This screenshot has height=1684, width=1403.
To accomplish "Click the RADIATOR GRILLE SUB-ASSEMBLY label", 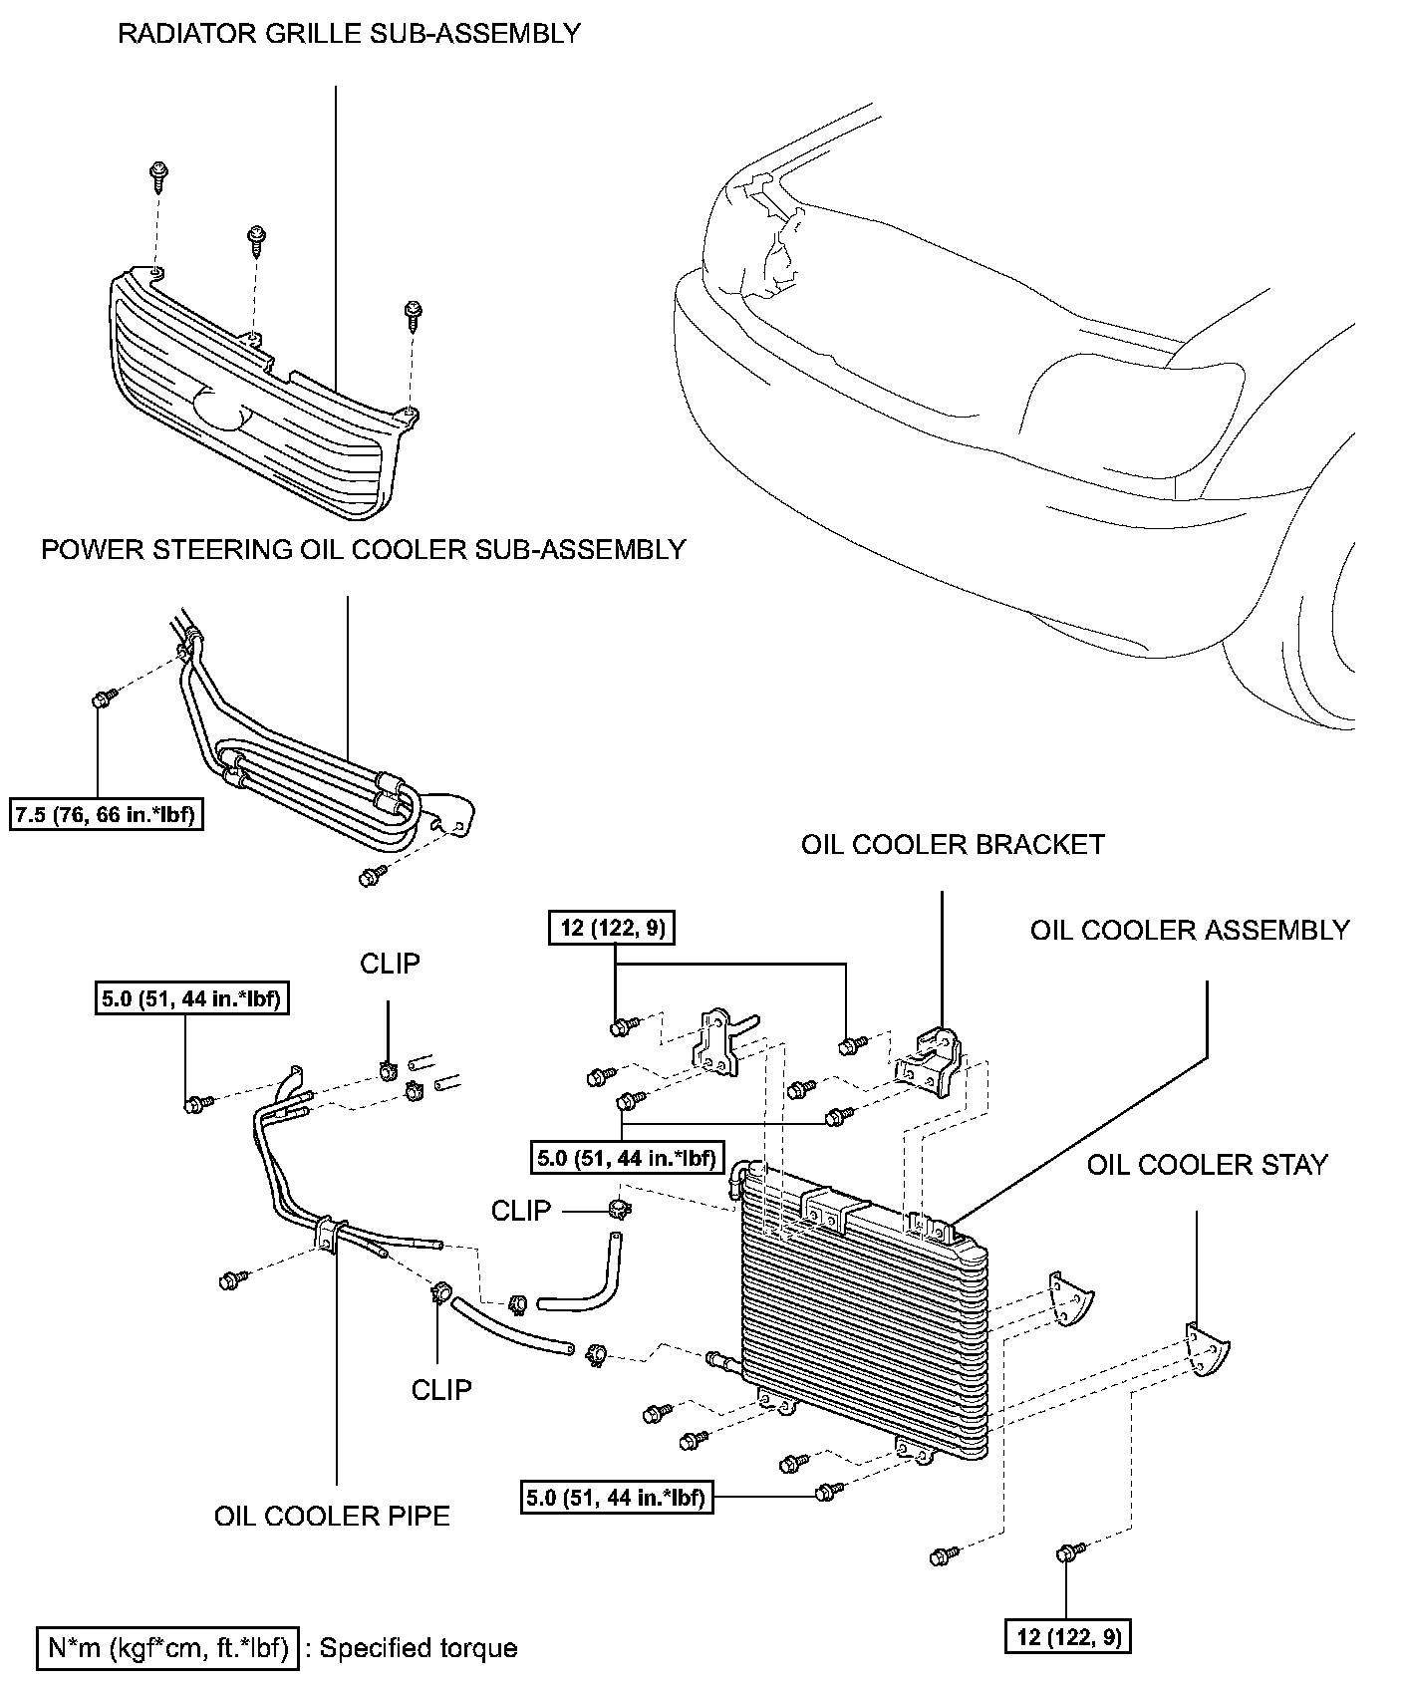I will [x=349, y=33].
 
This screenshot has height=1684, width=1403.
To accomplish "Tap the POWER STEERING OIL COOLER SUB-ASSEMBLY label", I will [x=363, y=549].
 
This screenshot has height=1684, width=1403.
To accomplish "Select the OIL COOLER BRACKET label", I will [x=953, y=845].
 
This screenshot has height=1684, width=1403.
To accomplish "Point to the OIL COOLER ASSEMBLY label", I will [x=1190, y=931].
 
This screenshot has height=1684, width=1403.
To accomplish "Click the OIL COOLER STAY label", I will [x=1207, y=1165].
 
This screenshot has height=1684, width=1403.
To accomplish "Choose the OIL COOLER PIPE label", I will [x=332, y=1516].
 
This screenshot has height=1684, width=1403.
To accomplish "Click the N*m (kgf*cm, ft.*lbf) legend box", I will [x=167, y=1647].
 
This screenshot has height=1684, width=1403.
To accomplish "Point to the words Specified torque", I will [x=419, y=1648].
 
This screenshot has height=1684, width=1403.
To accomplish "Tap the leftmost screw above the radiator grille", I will [x=157, y=176].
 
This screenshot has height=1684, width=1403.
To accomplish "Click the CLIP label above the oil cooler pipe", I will [x=390, y=964].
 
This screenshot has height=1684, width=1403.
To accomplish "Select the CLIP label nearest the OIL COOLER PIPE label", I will [x=441, y=1388].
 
